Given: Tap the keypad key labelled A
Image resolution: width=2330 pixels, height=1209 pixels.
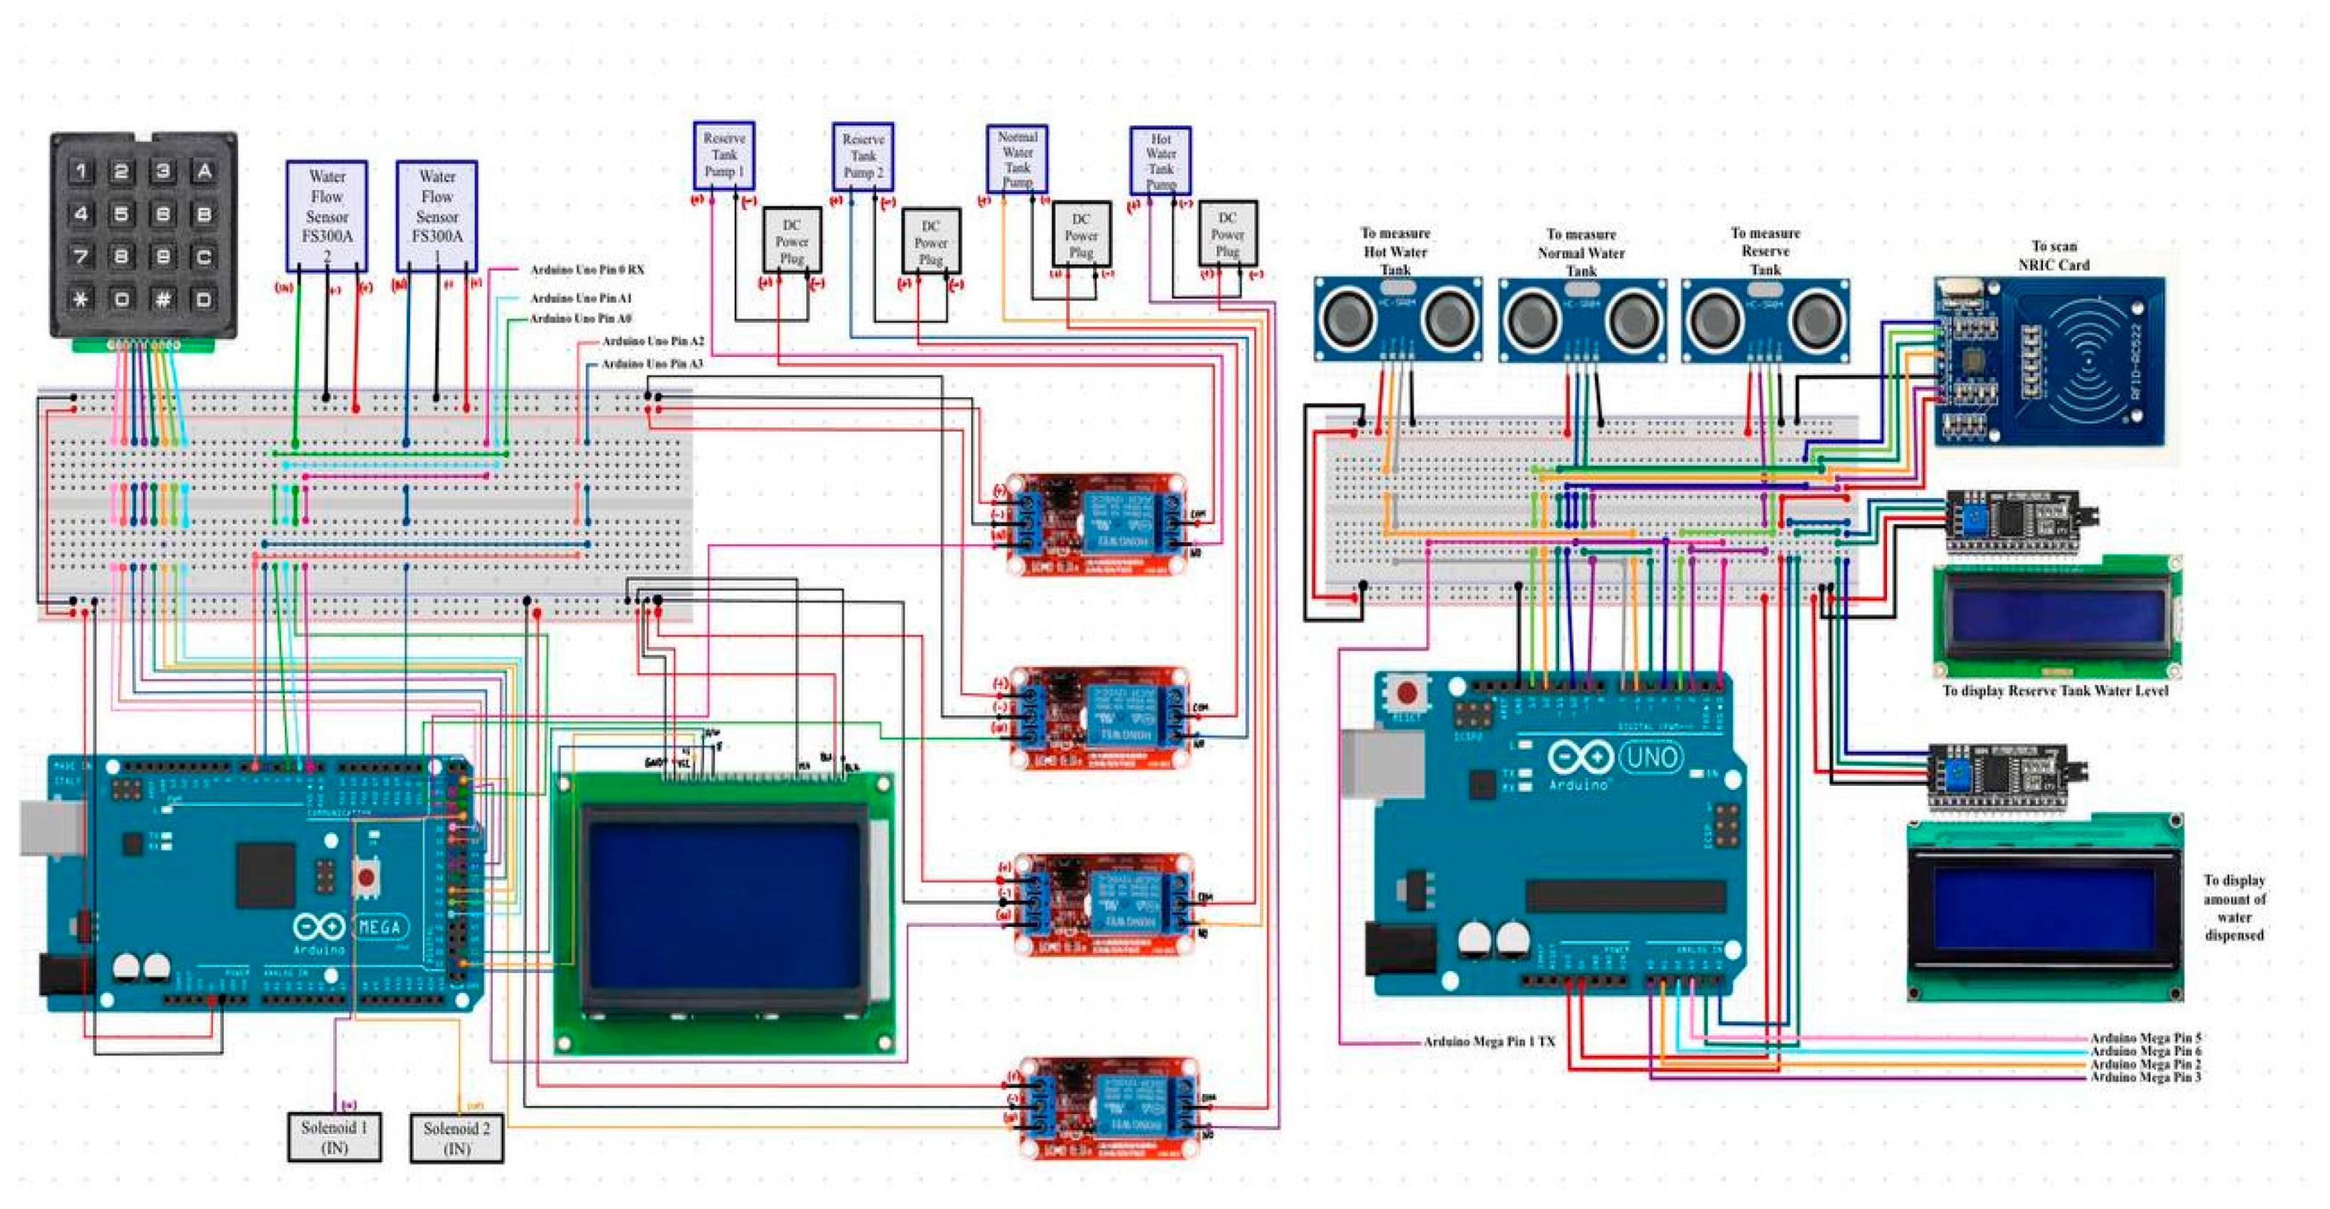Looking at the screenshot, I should coord(204,171).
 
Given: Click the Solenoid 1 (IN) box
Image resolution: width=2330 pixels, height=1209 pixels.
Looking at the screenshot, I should coord(334,1136).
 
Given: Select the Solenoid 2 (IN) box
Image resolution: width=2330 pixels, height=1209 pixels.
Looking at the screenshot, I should coord(457,1138).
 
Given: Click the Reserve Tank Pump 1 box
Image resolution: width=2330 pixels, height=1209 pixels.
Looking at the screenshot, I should coord(723,155).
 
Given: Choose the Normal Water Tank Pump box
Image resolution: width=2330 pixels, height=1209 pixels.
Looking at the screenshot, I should coord(1017,158).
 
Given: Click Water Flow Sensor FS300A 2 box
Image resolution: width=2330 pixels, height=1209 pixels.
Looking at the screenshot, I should coord(326,215).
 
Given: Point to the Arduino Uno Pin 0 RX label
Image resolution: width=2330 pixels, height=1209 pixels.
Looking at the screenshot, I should coord(587,270).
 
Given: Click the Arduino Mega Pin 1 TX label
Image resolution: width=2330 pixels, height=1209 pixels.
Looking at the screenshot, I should coord(1489,1041).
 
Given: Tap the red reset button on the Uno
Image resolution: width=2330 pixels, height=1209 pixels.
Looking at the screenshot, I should coord(1407,693).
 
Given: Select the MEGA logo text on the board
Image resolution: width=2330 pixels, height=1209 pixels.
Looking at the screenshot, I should coord(379,927).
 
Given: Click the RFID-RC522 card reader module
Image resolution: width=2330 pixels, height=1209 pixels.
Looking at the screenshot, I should coord(2050,362).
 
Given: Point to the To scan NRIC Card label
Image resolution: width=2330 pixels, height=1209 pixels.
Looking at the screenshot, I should coord(2053,255).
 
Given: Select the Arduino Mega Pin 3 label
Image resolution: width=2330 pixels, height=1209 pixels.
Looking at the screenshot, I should coord(2144,1077).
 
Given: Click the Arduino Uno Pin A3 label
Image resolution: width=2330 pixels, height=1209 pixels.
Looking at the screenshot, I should coord(652,364).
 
